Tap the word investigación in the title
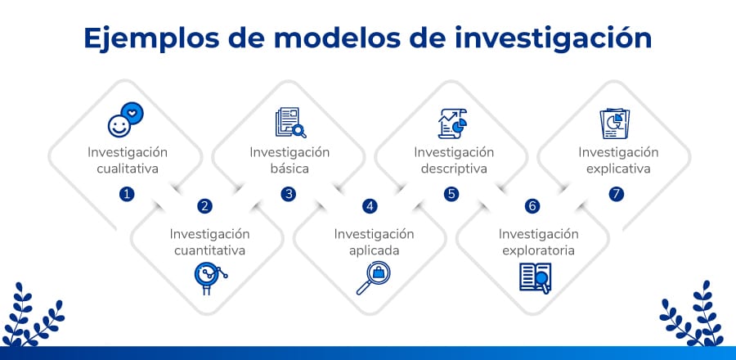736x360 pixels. [553, 38]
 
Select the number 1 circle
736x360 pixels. [127, 194]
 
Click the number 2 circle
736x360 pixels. [204, 206]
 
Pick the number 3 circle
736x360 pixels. [288, 194]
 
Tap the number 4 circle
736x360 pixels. [370, 206]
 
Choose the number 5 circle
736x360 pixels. [451, 194]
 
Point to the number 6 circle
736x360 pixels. [532, 206]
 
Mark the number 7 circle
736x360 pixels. [617, 194]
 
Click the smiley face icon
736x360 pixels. [119, 126]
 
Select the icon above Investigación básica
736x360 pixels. [290, 123]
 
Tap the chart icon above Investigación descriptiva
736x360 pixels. [452, 124]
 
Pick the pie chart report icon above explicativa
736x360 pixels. [615, 124]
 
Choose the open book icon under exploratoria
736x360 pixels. [536, 278]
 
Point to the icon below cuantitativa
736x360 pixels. [210, 278]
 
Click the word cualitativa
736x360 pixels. [128, 169]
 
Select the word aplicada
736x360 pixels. [374, 250]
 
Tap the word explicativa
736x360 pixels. [618, 169]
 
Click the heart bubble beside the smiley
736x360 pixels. [132, 113]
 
